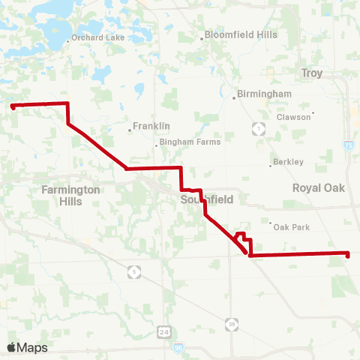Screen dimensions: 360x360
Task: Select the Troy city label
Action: pos(311,73)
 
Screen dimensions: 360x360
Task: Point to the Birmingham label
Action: pos(263,93)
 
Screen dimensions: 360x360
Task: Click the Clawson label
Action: pos(292,117)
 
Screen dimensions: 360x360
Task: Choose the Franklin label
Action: pos(151,126)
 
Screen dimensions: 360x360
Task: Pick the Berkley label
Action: pos(289,162)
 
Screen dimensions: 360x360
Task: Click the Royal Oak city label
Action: pos(319,187)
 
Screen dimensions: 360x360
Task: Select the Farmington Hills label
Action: pos(71,196)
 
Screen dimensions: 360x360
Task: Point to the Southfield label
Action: pos(208,199)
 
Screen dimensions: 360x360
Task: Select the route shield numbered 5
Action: pos(134,271)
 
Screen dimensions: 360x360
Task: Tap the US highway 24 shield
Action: pos(163,331)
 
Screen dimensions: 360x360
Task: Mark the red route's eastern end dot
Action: pos(347,254)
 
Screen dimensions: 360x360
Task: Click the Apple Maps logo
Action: pos(27,347)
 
